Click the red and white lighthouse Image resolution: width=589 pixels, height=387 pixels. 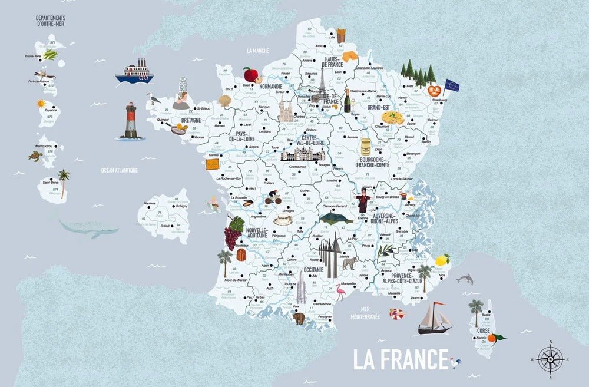pos(130,121)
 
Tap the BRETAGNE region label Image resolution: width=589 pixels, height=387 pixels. pos(191,120)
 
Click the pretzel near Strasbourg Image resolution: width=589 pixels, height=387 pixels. pos(435,91)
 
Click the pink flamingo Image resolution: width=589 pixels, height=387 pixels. pos(340,293)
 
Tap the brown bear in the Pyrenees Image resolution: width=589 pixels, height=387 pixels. pos(298,319)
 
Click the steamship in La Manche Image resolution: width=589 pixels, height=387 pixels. pos(134,72)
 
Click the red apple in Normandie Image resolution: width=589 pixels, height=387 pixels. pos(252,75)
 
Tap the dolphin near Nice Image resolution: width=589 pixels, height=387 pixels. pos(465,279)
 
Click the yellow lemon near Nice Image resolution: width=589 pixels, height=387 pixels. pos(442,259)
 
